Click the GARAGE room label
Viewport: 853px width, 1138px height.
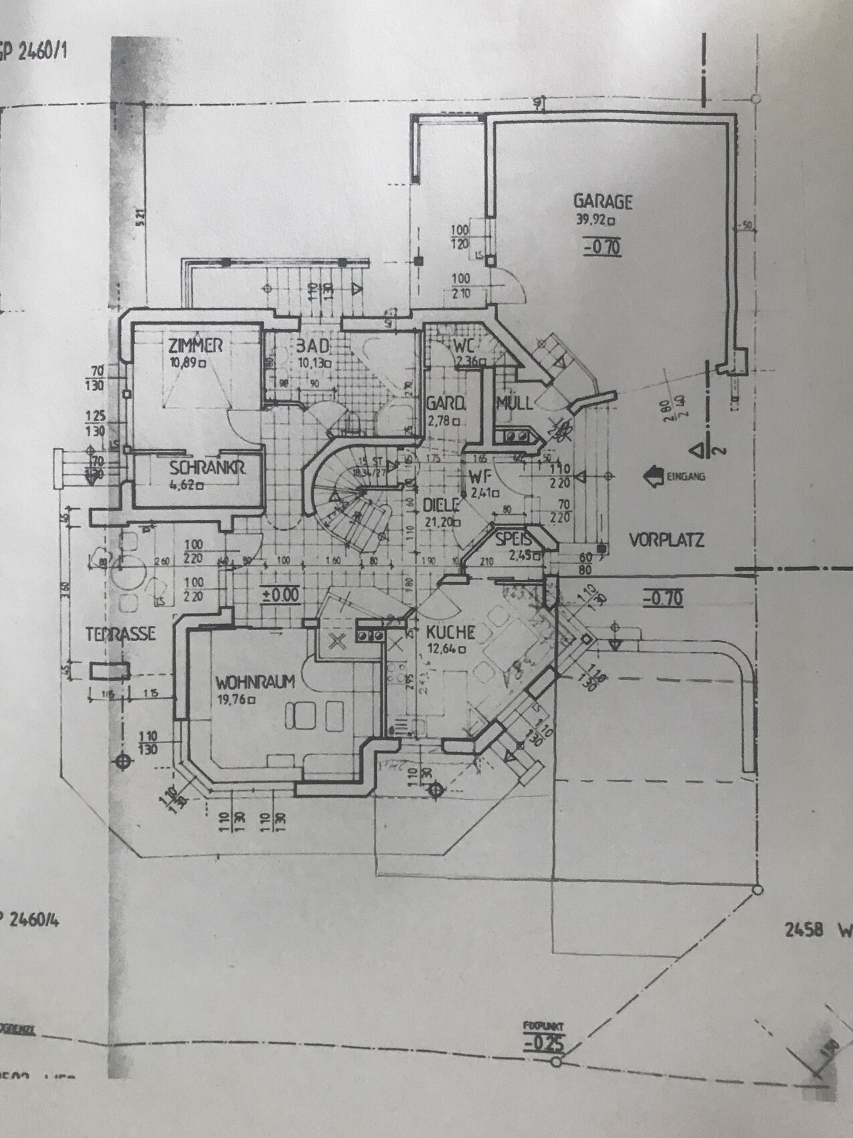tap(602, 201)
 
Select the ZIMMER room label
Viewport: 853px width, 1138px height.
tap(195, 346)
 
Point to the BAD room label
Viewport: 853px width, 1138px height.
tap(312, 347)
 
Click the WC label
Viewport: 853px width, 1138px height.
tap(464, 347)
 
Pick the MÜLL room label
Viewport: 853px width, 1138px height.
tap(514, 403)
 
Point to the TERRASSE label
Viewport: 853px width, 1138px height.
tap(120, 633)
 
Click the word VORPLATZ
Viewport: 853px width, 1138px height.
tap(667, 540)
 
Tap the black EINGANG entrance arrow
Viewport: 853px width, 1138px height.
tap(650, 476)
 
